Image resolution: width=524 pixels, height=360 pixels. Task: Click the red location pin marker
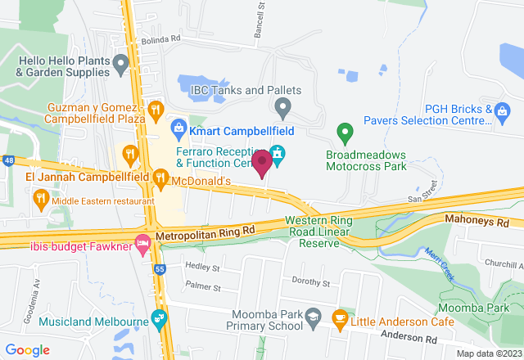tap(262, 163)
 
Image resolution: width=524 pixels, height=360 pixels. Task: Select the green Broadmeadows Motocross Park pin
tap(346, 131)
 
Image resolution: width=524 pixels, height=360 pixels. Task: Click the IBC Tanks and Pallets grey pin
tap(282, 106)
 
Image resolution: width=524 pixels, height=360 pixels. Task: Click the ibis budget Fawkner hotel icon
tap(142, 243)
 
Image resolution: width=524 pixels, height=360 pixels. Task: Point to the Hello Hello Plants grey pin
tap(121, 63)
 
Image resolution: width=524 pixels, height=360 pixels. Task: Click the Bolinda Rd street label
tap(159, 39)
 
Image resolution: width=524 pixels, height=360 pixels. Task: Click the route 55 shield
tap(159, 268)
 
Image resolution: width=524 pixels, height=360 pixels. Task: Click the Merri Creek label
tap(440, 263)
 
